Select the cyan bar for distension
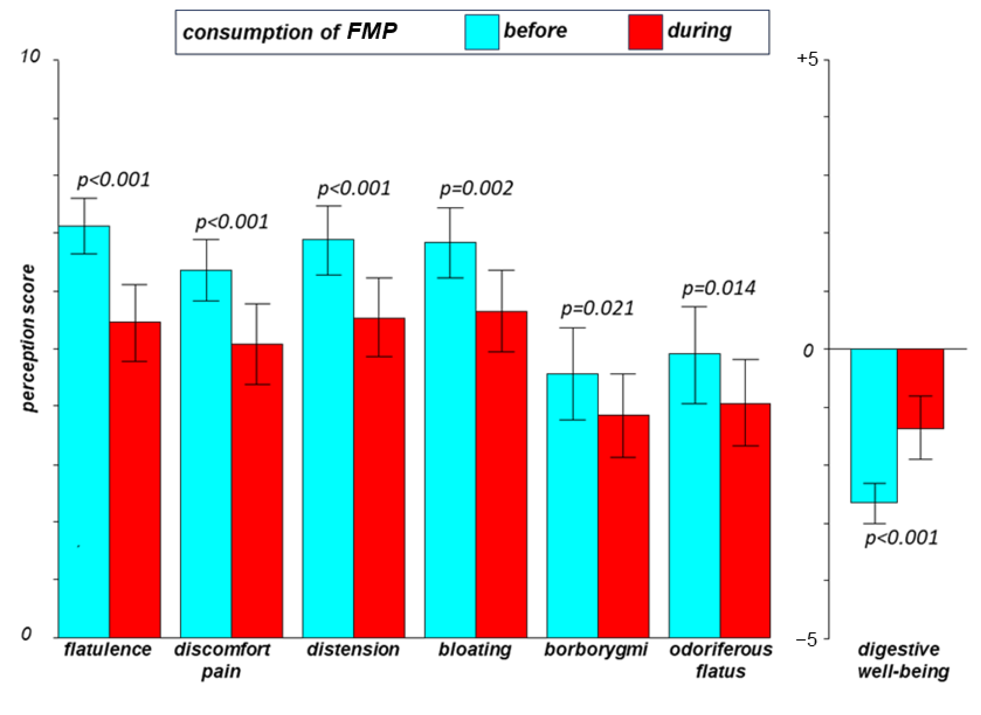tap(328, 438)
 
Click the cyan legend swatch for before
tap(482, 32)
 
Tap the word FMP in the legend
tap(372, 31)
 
